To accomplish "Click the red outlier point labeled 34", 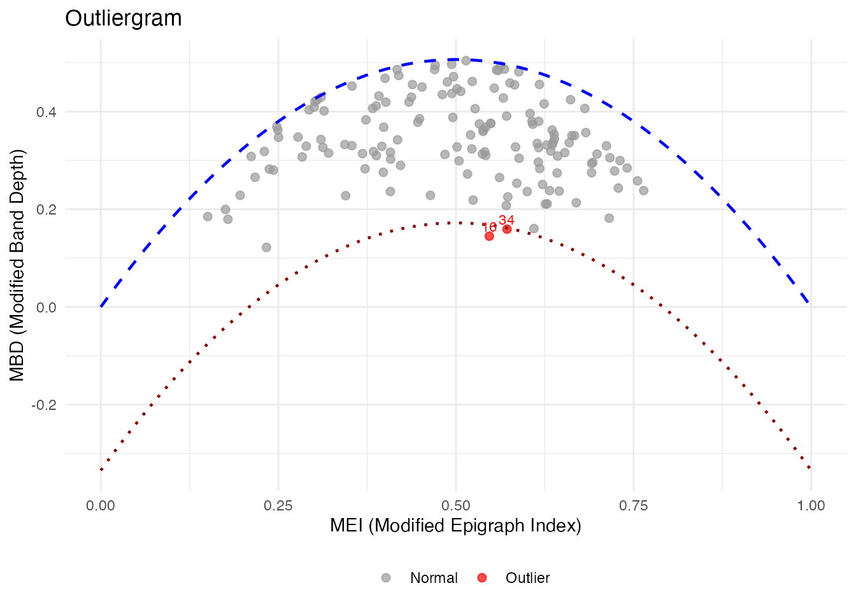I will pyautogui.click(x=507, y=229).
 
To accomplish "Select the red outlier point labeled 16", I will pyautogui.click(x=489, y=236).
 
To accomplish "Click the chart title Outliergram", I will pyautogui.click(x=124, y=18).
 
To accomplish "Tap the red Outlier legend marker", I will pyautogui.click(x=482, y=578).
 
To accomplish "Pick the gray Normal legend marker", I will pyautogui.click(x=386, y=578).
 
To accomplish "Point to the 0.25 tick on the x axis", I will pyautogui.click(x=278, y=506).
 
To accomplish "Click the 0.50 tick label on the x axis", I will pyautogui.click(x=456, y=506).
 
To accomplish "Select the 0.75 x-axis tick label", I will pyautogui.click(x=633, y=506).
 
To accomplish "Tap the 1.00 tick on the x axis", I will pyautogui.click(x=811, y=506).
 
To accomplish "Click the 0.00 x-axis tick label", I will pyautogui.click(x=101, y=506).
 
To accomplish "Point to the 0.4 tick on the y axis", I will pyautogui.click(x=46, y=112).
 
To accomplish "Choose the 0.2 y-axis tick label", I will pyautogui.click(x=46, y=209).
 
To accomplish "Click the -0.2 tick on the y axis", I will pyautogui.click(x=44, y=405).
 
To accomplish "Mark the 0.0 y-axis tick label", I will pyautogui.click(x=46, y=307).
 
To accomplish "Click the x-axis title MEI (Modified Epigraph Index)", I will pyautogui.click(x=455, y=526).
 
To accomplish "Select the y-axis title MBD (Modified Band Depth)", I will pyautogui.click(x=17, y=265).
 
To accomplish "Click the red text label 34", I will pyautogui.click(x=506, y=220).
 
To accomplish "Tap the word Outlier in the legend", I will pyautogui.click(x=527, y=578).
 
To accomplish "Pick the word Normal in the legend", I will pyautogui.click(x=434, y=578).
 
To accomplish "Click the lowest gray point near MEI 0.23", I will pyautogui.click(x=266, y=247).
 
